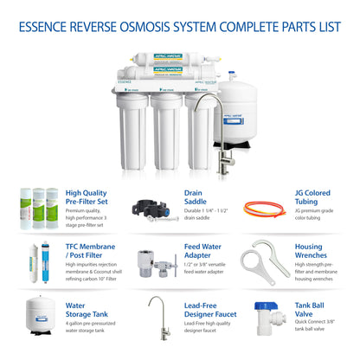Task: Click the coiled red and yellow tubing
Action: pos(265,209)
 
